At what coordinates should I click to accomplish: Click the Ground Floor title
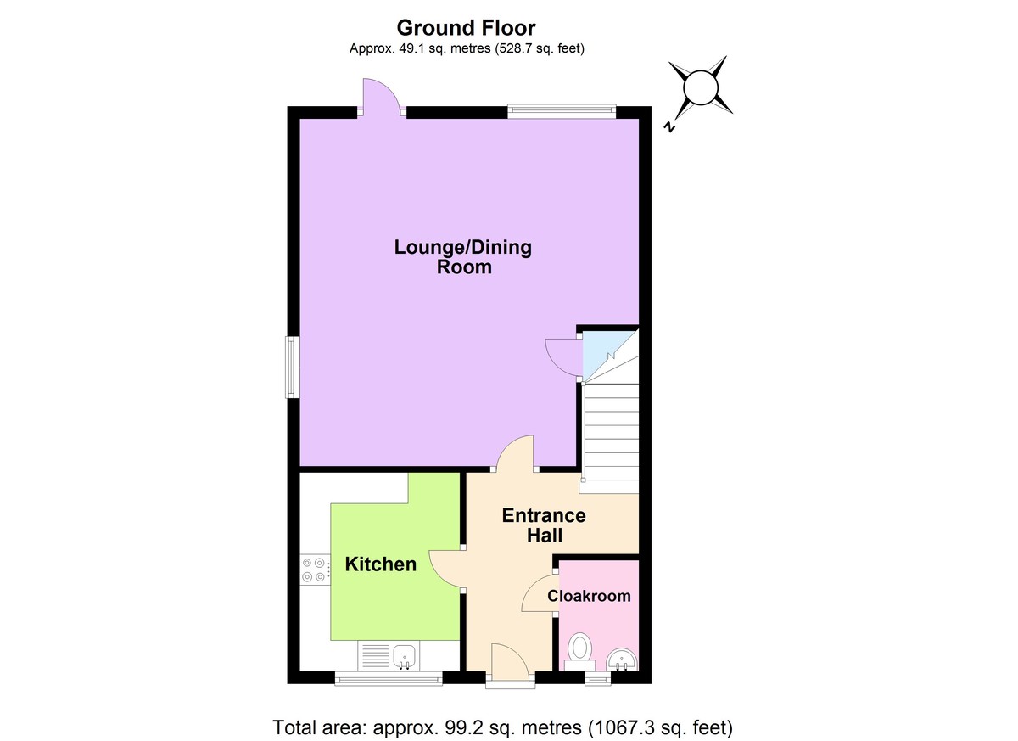pos(466,29)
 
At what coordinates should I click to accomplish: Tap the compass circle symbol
pos(701,87)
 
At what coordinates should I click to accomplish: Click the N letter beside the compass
pos(669,128)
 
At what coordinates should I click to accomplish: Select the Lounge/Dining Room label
pos(463,257)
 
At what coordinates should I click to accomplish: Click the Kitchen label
pos(381,564)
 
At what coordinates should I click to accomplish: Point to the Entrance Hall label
pos(544,525)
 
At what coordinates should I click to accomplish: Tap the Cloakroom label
pos(589,596)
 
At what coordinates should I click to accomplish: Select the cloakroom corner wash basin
pos(624,658)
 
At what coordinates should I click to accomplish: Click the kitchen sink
pos(404,655)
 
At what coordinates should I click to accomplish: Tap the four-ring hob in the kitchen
pos(313,570)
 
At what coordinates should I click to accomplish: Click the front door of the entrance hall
pos(509,662)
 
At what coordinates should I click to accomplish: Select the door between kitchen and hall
pos(447,569)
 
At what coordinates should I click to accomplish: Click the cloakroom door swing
pos(539,594)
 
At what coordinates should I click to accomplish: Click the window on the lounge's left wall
pos(290,367)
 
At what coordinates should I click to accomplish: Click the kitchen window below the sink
pos(389,677)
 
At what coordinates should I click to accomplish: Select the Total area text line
pos(502,727)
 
